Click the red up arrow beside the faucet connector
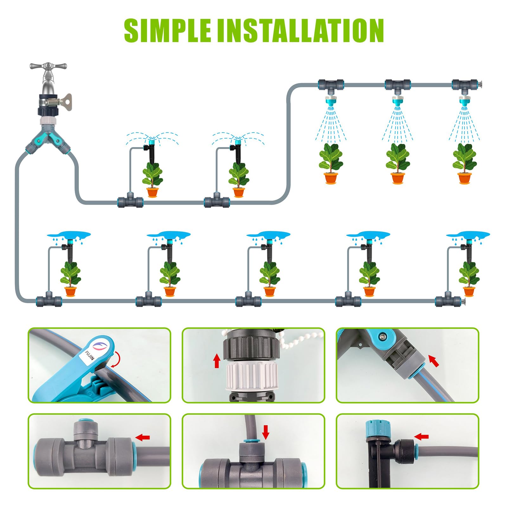[x=217, y=361]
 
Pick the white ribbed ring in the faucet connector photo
[x=252, y=376]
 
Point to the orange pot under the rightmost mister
[x=464, y=178]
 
